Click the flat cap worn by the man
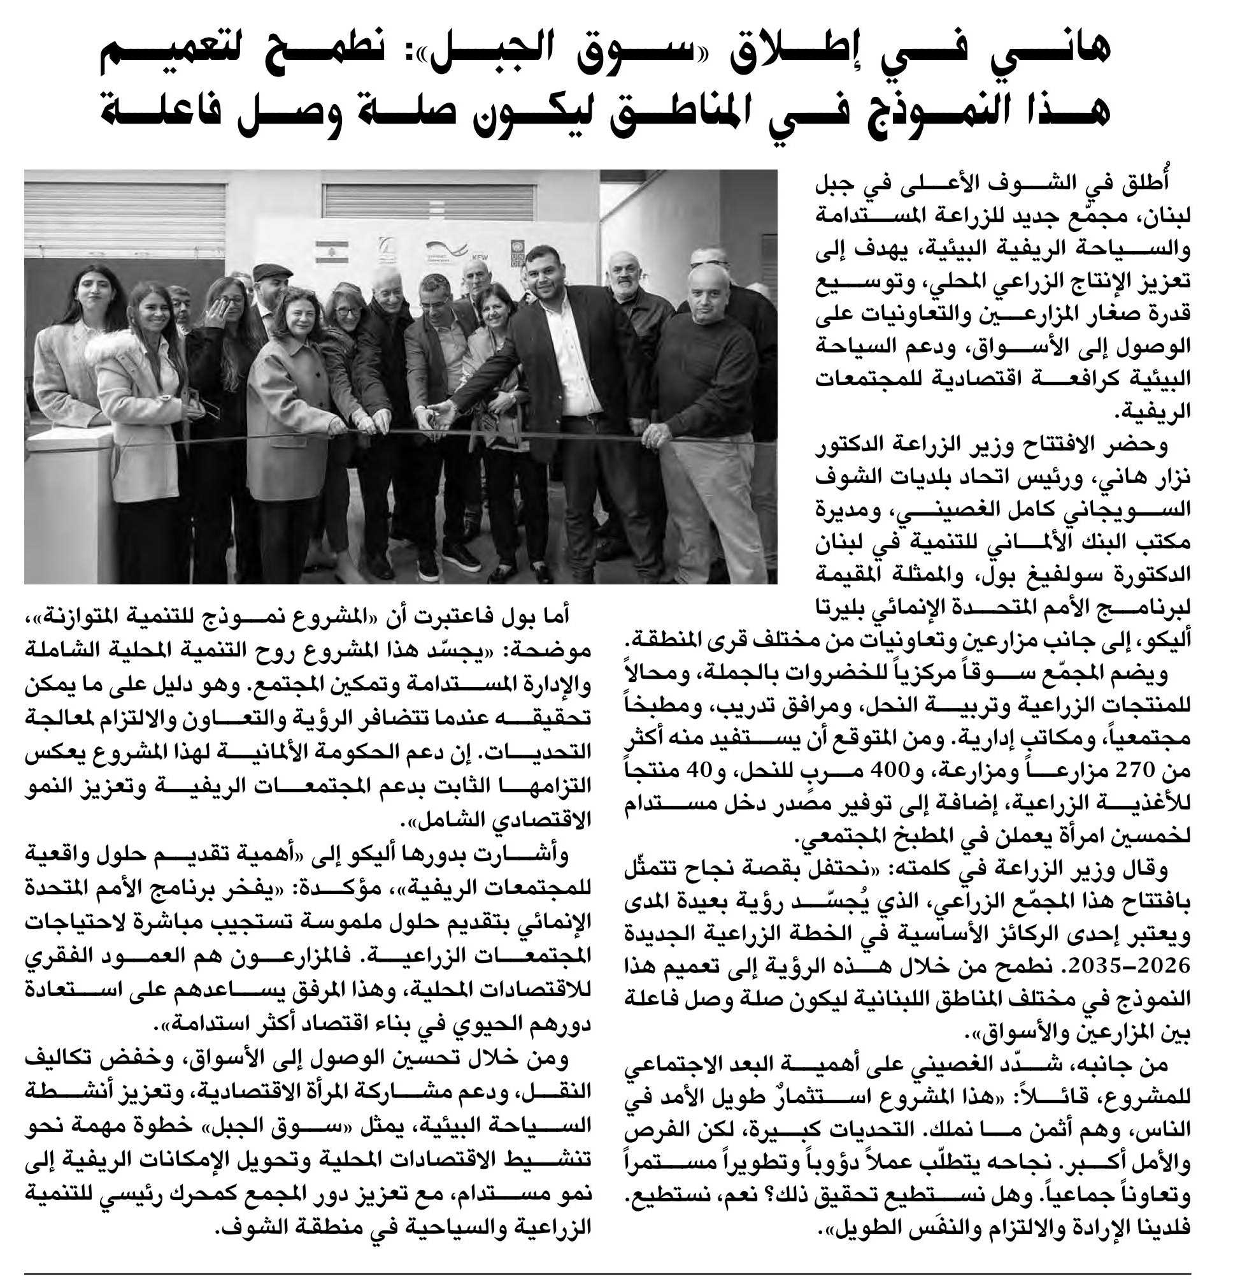pos(272,271)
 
